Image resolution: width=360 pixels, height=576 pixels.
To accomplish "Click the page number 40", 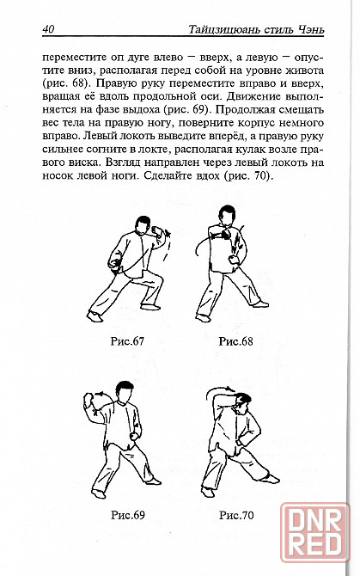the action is (48, 29).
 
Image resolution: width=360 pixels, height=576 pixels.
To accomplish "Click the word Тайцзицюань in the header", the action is (224, 29).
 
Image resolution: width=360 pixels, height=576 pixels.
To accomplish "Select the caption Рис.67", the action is (127, 341).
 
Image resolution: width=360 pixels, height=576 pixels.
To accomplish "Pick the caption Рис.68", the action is (235, 341).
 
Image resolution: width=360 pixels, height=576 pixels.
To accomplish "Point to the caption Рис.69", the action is (128, 515).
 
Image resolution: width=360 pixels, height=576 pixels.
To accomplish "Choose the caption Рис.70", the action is (236, 515).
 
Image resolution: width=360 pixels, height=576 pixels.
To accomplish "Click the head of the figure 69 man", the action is (125, 391).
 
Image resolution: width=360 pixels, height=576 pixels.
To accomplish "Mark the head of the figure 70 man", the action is (242, 403).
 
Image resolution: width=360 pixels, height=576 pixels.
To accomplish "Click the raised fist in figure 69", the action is (89, 399).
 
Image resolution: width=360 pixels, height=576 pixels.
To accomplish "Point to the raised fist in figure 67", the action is (157, 232).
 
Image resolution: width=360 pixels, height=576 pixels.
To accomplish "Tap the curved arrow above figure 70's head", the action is (217, 389).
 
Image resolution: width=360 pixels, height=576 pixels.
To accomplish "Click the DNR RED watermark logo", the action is (315, 532).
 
